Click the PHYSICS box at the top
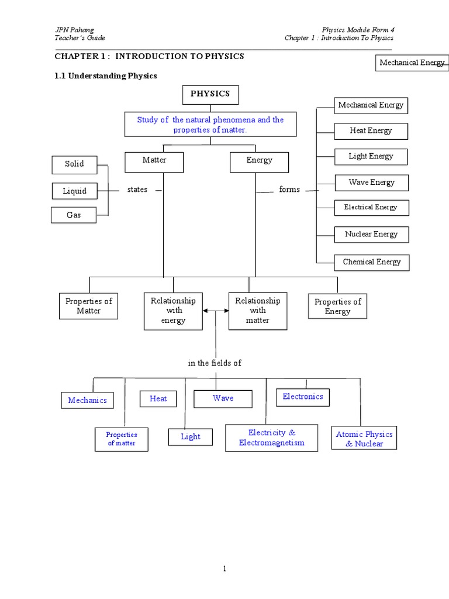(210, 94)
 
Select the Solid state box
(74, 164)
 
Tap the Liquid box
(74, 191)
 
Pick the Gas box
(74, 215)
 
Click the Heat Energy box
(371, 131)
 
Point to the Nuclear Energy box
(371, 235)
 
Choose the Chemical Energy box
(372, 262)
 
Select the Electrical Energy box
(371, 208)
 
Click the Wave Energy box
(371, 183)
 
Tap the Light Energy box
(371, 157)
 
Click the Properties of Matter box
(88, 306)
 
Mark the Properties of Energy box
(337, 307)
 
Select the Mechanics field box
(87, 401)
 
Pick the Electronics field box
(302, 397)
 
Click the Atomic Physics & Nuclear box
(364, 439)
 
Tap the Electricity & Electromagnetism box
(271, 438)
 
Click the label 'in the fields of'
(215, 363)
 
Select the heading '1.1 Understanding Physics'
(106, 76)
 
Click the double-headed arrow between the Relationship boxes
(216, 312)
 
